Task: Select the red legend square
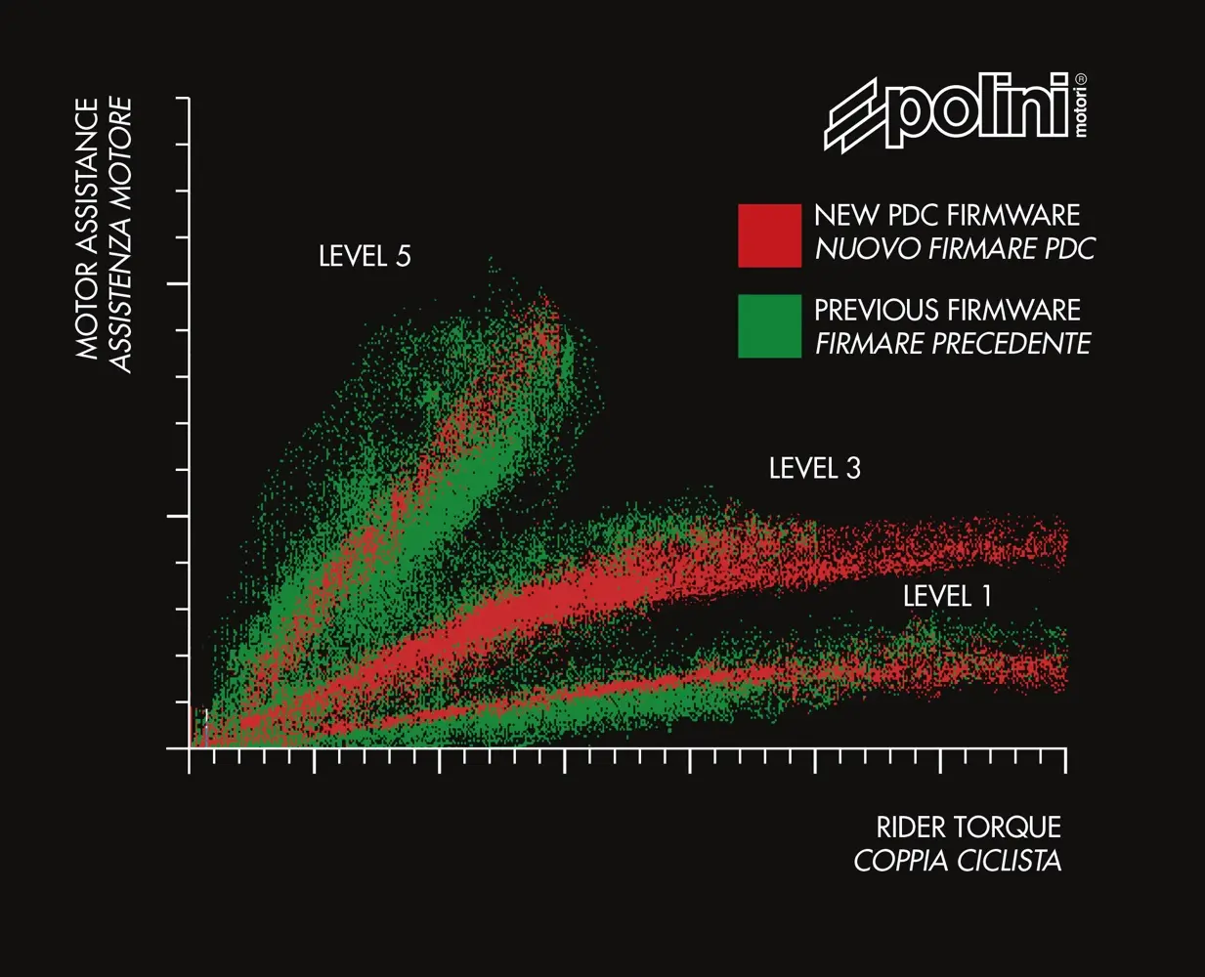click(769, 234)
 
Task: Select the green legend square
click(769, 326)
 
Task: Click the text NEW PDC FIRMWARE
click(946, 216)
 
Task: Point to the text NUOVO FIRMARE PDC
click(955, 249)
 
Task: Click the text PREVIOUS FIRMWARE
click(946, 311)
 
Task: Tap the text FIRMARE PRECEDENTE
click(953, 344)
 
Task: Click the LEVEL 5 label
click(365, 257)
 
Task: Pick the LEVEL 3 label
click(814, 469)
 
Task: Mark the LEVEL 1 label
click(946, 596)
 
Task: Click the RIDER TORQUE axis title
click(968, 828)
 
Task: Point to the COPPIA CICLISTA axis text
click(957, 861)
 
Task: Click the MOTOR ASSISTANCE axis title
click(88, 229)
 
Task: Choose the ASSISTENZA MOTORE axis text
click(120, 234)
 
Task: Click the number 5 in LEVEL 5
click(403, 257)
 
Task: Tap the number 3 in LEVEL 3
click(853, 469)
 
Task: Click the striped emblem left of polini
click(853, 116)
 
